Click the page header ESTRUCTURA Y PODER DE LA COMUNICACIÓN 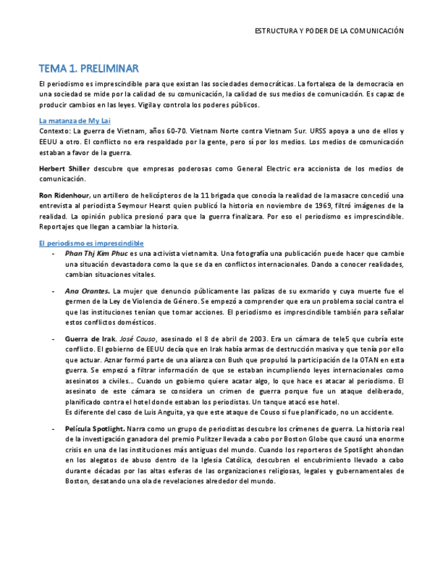(329, 31)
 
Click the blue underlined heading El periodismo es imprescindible (91, 242)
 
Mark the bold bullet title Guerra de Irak (89, 338)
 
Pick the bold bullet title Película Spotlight (95, 429)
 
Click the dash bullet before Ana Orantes (53, 290)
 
